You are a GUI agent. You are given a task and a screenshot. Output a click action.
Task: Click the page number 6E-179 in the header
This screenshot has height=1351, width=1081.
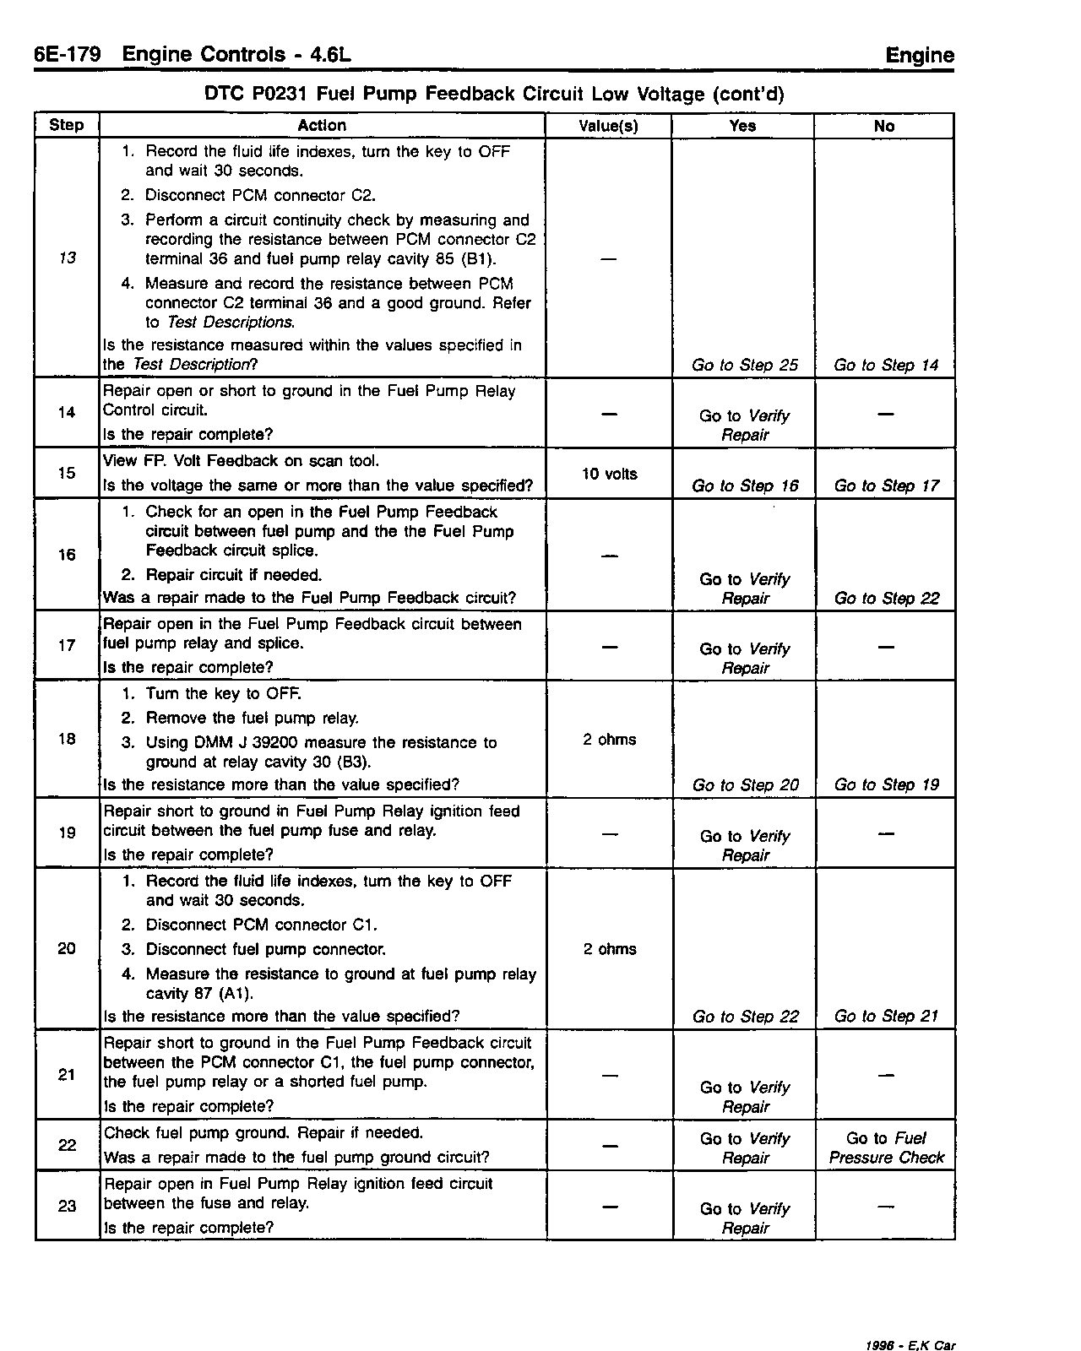(x=68, y=55)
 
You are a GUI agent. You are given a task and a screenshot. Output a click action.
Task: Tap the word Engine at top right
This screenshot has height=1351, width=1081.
(x=920, y=56)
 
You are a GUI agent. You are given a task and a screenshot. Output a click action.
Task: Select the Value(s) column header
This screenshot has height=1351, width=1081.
(x=608, y=126)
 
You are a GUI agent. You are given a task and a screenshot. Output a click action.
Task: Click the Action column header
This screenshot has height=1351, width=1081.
(x=322, y=125)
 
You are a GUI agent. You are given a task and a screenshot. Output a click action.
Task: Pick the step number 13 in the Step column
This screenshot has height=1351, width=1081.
(x=68, y=258)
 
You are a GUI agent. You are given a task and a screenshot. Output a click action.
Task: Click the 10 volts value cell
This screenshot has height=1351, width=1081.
(x=609, y=474)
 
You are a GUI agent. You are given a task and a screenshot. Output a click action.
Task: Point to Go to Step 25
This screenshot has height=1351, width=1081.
(x=744, y=365)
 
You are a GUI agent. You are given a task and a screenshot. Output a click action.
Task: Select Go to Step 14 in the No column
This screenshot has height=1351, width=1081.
(x=886, y=365)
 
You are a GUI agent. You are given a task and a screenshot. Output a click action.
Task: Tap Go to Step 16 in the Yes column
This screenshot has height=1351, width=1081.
(x=744, y=486)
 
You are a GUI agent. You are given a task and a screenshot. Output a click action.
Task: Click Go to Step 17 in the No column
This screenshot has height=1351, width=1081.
(x=886, y=486)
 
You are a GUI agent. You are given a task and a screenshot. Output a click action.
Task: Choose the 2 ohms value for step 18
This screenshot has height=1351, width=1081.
(x=609, y=740)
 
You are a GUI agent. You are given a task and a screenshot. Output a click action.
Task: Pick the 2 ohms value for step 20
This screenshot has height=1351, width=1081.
(x=609, y=949)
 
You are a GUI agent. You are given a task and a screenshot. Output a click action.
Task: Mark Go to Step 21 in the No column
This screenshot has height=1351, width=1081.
(x=886, y=1016)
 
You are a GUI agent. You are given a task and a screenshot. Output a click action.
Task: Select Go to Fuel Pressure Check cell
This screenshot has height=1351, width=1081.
(x=886, y=1148)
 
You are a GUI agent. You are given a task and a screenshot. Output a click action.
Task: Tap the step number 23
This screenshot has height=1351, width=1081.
(x=68, y=1206)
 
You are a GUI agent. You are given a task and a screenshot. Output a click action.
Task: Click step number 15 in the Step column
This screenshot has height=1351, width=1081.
(x=68, y=473)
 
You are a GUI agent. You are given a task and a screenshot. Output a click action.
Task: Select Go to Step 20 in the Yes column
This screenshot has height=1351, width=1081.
(x=745, y=784)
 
